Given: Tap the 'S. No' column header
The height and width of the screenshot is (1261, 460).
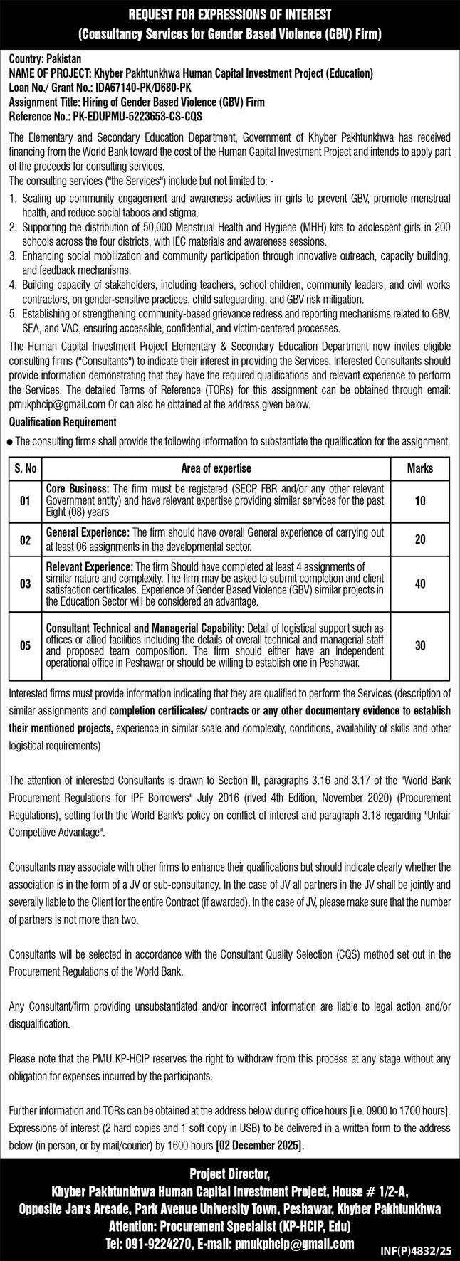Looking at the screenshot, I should (26, 468).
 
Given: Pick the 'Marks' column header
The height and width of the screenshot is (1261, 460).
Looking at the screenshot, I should (419, 468).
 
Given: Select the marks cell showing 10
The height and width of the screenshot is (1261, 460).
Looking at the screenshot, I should (419, 501).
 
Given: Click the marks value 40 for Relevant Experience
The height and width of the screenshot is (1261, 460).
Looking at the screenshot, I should (419, 584).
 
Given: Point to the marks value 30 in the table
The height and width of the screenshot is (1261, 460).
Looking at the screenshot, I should (419, 645).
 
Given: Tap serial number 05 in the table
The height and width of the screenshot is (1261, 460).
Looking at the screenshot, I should (26, 645).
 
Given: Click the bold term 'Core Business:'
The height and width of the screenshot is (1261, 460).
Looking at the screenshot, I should (78, 489).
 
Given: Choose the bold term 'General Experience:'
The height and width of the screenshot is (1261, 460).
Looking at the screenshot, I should (88, 532).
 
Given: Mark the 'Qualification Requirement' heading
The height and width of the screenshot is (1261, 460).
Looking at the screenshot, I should (63, 422).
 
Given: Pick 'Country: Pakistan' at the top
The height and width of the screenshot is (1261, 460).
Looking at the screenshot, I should (45, 60).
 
